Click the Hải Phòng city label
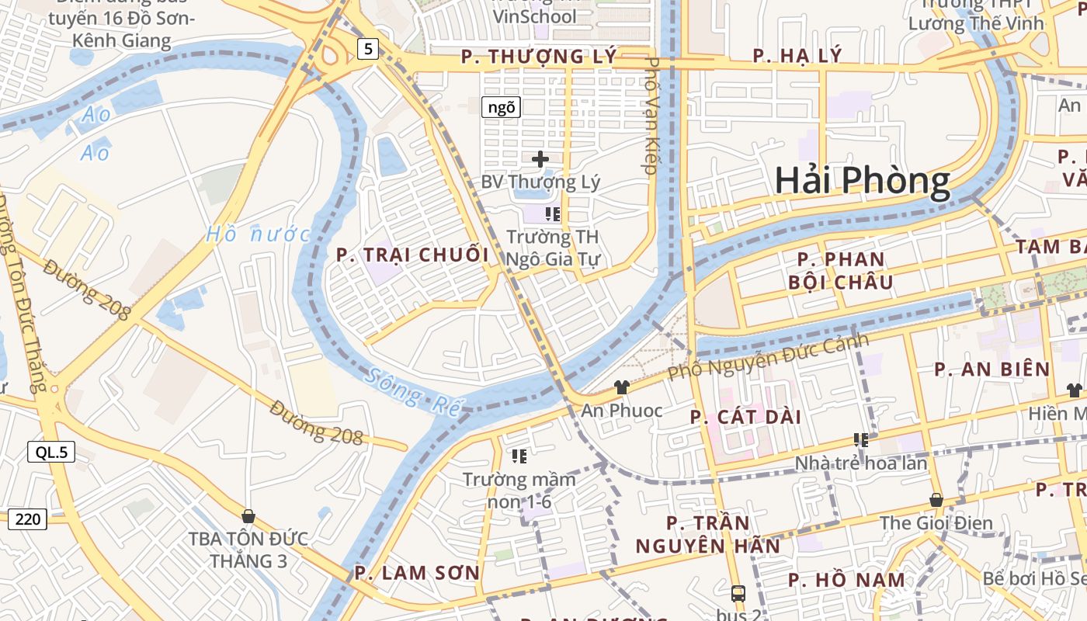[x=862, y=181]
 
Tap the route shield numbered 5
[x=368, y=50]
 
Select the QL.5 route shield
[x=51, y=452]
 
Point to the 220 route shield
[x=27, y=519]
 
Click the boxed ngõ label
[x=501, y=107]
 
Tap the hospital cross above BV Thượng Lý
[x=540, y=159]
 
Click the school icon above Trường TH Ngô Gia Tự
[x=553, y=213]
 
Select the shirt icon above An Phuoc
[x=621, y=387]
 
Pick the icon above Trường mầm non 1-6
[x=519, y=456]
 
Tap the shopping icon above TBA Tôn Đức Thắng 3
[x=248, y=515]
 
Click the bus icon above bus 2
[x=738, y=594]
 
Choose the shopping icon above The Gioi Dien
[x=936, y=500]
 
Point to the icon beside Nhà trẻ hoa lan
[x=860, y=440]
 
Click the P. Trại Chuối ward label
[x=412, y=255]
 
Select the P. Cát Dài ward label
[x=745, y=417]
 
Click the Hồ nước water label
[x=258, y=234]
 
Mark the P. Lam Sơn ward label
[x=417, y=573]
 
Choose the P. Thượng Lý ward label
[x=539, y=56]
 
